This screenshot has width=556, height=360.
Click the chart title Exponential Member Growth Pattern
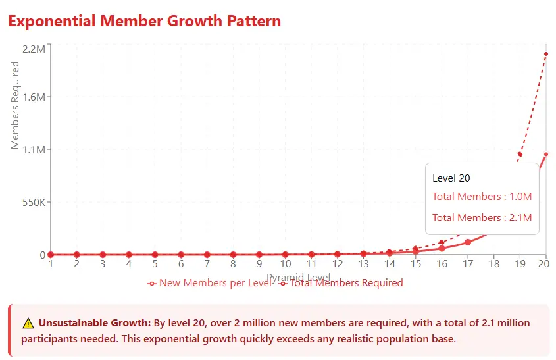pyautogui.click(x=144, y=21)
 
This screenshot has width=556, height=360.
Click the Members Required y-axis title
pyautogui.click(x=16, y=105)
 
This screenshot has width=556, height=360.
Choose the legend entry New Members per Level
pyautogui.click(x=209, y=283)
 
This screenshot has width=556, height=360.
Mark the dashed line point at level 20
pyautogui.click(x=545, y=54)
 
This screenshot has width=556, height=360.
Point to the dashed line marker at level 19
pyautogui.click(x=520, y=155)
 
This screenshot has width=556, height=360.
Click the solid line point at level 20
pyautogui.click(x=545, y=155)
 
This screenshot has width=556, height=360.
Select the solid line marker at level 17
pyautogui.click(x=468, y=242)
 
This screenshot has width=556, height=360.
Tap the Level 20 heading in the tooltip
pyautogui.click(x=451, y=178)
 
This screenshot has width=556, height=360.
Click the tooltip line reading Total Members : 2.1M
pyautogui.click(x=482, y=218)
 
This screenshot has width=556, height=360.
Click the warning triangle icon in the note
pyautogui.click(x=28, y=323)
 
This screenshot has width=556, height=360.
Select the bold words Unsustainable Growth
pyautogui.click(x=95, y=323)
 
